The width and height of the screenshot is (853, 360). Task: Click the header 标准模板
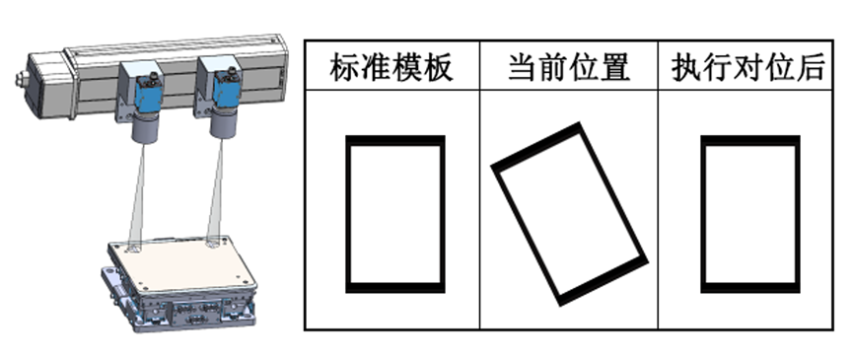point(391,67)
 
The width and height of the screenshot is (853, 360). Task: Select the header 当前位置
point(569,67)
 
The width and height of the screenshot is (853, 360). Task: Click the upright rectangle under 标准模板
point(346,214)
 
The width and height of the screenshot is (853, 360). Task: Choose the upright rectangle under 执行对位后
point(702,214)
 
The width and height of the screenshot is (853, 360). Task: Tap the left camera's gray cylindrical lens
point(145,128)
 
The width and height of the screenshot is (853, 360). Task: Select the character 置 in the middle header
point(615,67)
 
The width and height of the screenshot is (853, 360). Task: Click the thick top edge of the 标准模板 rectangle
point(395,140)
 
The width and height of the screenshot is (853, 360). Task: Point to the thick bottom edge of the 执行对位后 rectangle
point(750,288)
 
